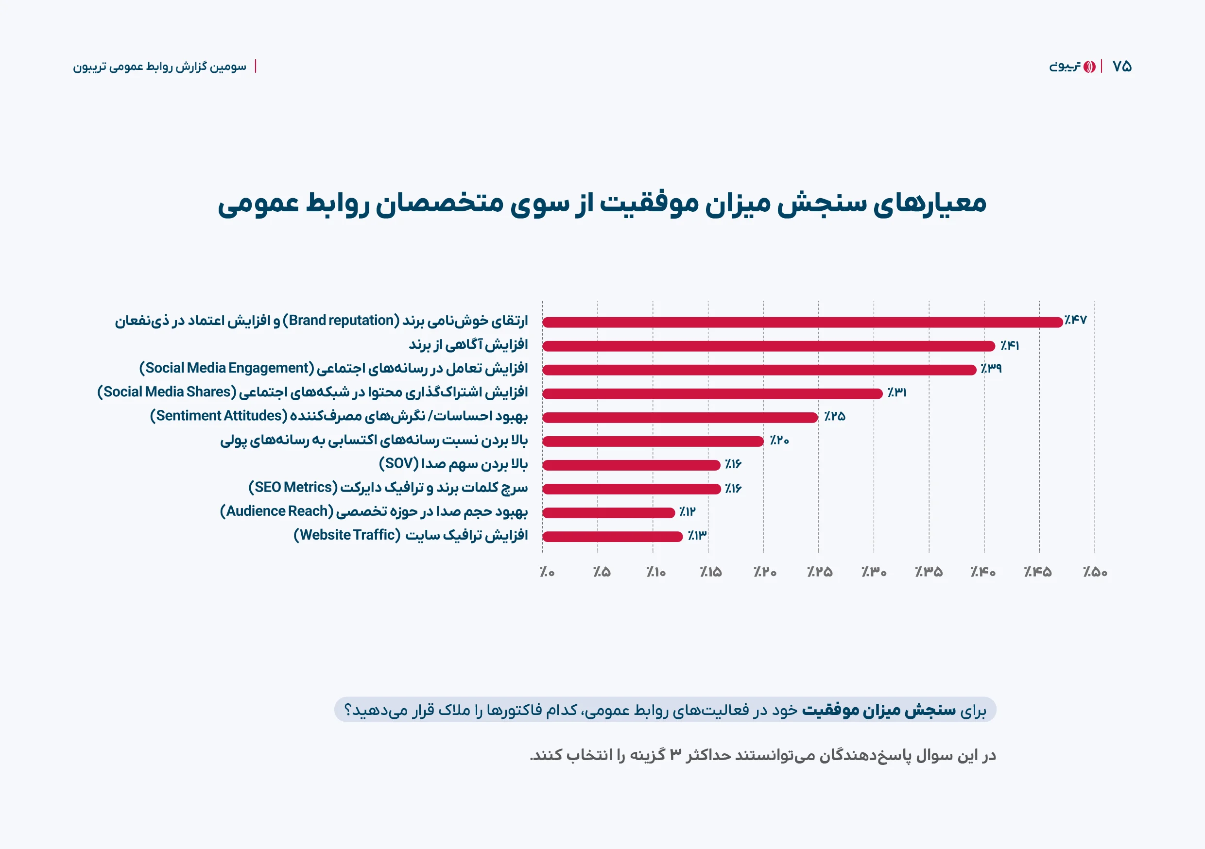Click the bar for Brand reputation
pyautogui.click(x=802, y=322)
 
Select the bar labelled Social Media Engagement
pyautogui.click(x=759, y=370)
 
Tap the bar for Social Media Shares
pyautogui.click(x=712, y=393)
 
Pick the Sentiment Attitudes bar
pyautogui.click(x=680, y=418)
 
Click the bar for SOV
pyautogui.click(x=631, y=465)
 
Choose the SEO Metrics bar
pyautogui.click(x=631, y=489)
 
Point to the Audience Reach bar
pyautogui.click(x=608, y=512)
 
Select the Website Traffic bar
pyautogui.click(x=612, y=536)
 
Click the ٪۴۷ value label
pyautogui.click(x=1075, y=320)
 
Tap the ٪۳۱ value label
pyautogui.click(x=897, y=392)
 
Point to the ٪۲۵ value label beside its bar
pyautogui.click(x=834, y=417)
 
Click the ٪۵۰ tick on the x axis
pyautogui.click(x=1095, y=572)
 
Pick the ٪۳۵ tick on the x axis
pyautogui.click(x=929, y=572)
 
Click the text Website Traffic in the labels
pyautogui.click(x=347, y=535)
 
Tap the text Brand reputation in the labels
pyautogui.click(x=341, y=320)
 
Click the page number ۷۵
pyautogui.click(x=1122, y=67)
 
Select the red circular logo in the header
pyautogui.click(x=1089, y=67)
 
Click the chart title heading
pyautogui.click(x=602, y=204)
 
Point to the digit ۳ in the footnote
pyautogui.click(x=675, y=755)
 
